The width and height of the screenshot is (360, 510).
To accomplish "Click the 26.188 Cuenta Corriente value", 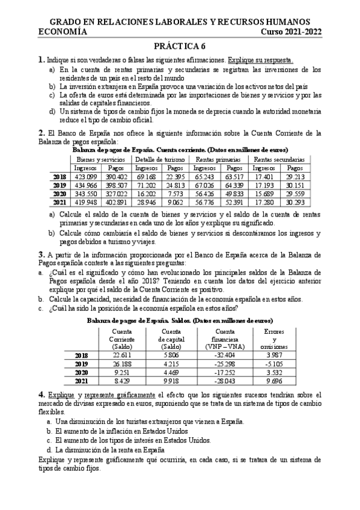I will [121, 364].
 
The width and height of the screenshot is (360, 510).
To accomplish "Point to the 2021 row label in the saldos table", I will [81, 381].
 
